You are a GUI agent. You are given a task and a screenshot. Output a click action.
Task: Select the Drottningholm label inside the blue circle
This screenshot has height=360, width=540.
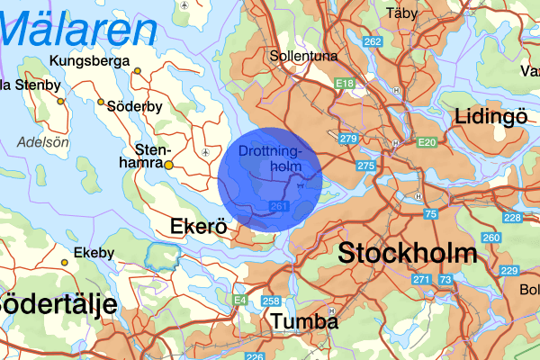pos(277,159)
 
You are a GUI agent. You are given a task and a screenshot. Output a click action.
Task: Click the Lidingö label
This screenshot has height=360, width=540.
pos(490,116)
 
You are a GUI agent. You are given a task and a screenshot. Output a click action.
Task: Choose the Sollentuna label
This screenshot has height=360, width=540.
pos(303,56)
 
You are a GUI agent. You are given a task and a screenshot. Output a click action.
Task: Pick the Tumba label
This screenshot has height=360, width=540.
pos(304,321)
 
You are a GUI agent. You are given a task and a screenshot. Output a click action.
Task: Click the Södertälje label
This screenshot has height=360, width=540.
pos(58,303)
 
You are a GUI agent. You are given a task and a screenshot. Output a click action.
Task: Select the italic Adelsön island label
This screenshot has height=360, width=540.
pos(42,141)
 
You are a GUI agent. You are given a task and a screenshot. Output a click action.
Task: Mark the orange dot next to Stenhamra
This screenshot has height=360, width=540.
pos(168,166)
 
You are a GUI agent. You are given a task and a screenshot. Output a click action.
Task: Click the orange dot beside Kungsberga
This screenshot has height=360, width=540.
pos(138,71)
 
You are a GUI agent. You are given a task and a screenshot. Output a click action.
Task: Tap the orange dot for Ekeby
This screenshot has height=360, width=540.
pos(64,263)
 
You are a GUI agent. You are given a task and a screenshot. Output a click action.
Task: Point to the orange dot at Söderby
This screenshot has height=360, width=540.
pos(101,103)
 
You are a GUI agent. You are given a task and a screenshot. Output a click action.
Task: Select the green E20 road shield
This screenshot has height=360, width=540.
pos(426,142)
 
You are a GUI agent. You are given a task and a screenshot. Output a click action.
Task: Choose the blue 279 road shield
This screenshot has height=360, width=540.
pos(349,138)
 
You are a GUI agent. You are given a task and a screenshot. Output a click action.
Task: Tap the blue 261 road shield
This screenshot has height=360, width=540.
pos(278,208)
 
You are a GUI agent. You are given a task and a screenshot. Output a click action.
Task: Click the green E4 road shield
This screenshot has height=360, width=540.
pos(239,300)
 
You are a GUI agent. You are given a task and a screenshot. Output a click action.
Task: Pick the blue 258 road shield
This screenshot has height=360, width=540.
pos(270,300)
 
